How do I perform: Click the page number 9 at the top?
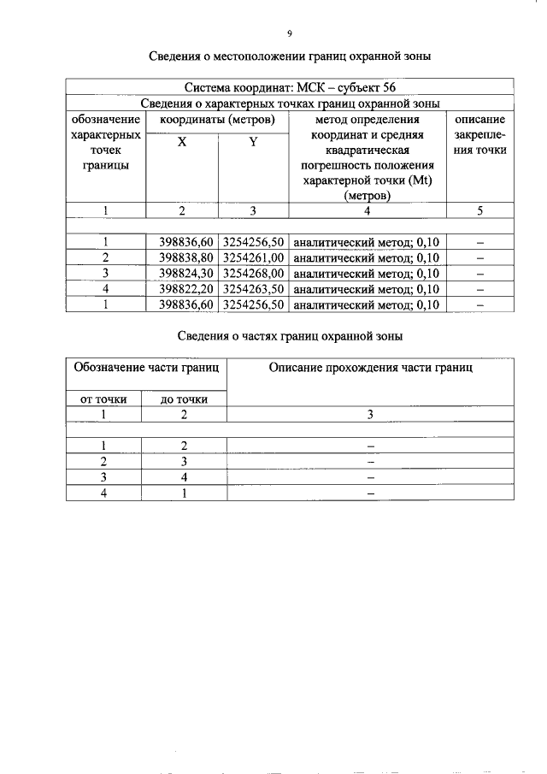pyautogui.click(x=289, y=33)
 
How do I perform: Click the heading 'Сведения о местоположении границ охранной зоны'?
pyautogui.click(x=289, y=56)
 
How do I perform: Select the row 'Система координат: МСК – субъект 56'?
pyautogui.click(x=289, y=88)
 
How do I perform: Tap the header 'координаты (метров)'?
pyautogui.click(x=218, y=121)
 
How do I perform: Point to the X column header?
pyautogui.click(x=182, y=143)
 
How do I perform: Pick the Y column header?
pyautogui.click(x=253, y=143)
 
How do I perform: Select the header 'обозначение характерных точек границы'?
pyautogui.click(x=106, y=143)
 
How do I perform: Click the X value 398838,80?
pyautogui.click(x=186, y=257)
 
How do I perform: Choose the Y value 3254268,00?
pyautogui.click(x=252, y=273)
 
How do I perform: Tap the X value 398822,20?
pyautogui.click(x=186, y=289)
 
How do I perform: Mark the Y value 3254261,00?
pyautogui.click(x=252, y=257)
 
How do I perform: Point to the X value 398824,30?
pyautogui.click(x=186, y=273)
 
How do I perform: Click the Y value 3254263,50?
pyautogui.click(x=252, y=289)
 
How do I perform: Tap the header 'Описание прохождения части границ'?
pyautogui.click(x=370, y=368)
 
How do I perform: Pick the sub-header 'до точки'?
pyautogui.click(x=185, y=399)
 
